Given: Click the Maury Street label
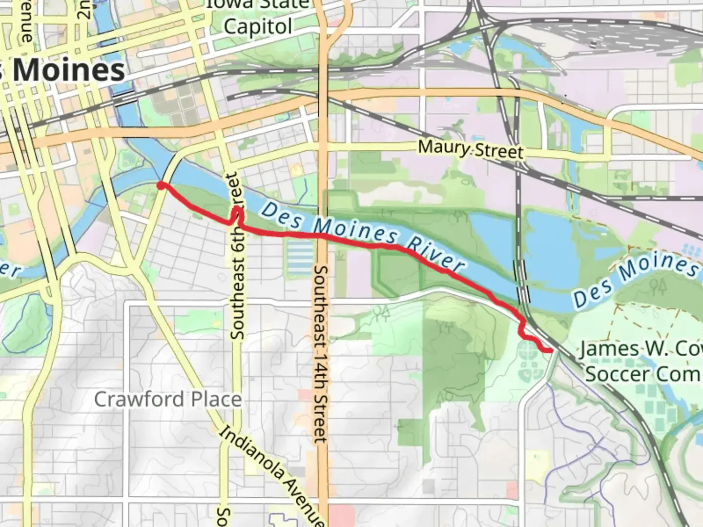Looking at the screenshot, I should [x=470, y=148].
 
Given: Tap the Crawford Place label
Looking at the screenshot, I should [x=167, y=400].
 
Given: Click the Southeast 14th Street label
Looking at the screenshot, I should [x=321, y=354].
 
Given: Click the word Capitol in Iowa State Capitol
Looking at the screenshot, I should [x=258, y=26].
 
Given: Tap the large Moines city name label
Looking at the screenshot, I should [x=68, y=70].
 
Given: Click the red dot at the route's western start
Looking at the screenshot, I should [x=160, y=185].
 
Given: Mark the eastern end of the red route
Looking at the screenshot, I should [x=551, y=350].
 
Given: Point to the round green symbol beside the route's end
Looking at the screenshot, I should [x=526, y=349].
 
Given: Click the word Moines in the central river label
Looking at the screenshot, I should [x=355, y=230].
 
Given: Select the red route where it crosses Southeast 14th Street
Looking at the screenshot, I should [x=322, y=236].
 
